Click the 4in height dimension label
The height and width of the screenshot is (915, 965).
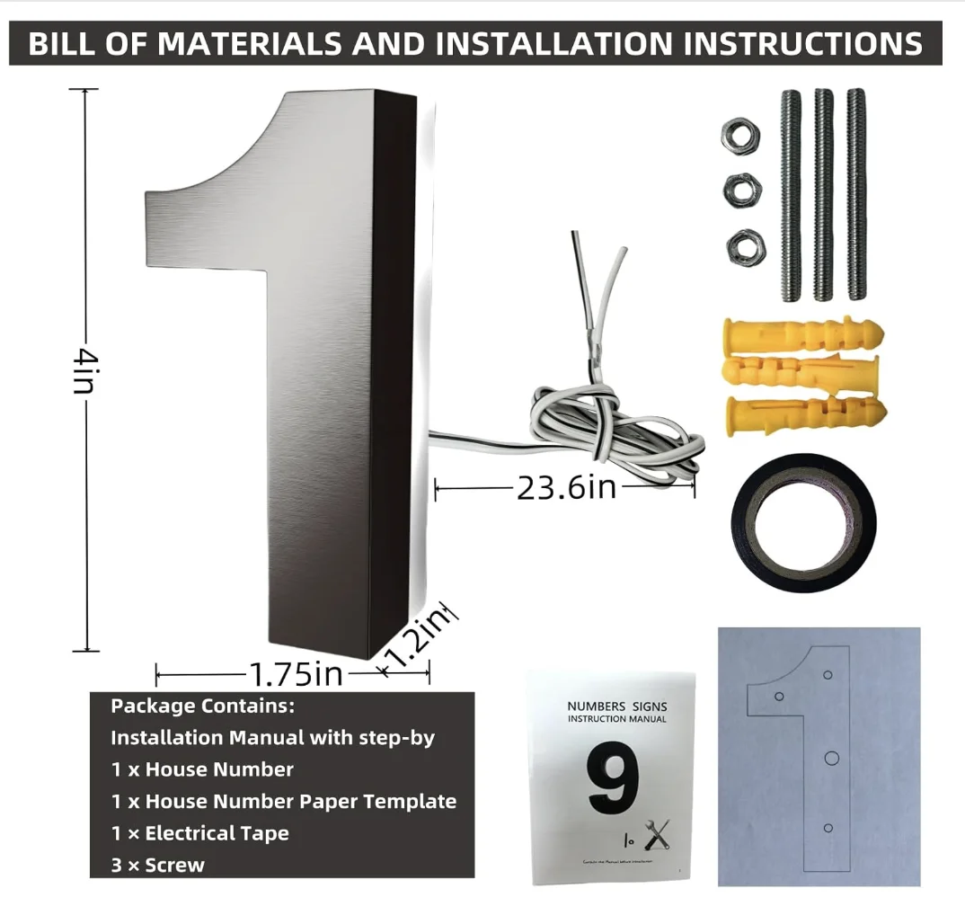(x=85, y=369)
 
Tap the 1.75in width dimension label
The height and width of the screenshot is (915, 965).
(x=296, y=673)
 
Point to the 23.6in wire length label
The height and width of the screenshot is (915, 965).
(x=566, y=487)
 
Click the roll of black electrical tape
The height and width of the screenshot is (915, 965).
(x=803, y=523)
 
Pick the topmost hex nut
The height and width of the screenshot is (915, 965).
(x=739, y=136)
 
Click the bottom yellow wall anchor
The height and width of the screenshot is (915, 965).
(x=805, y=413)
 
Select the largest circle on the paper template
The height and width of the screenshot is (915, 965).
(x=831, y=758)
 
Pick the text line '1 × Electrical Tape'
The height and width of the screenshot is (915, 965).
(x=199, y=833)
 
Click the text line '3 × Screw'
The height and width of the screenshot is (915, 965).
(x=158, y=866)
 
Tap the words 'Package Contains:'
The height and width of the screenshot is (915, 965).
(x=202, y=706)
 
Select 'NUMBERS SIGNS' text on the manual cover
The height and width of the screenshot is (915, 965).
(x=617, y=706)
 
